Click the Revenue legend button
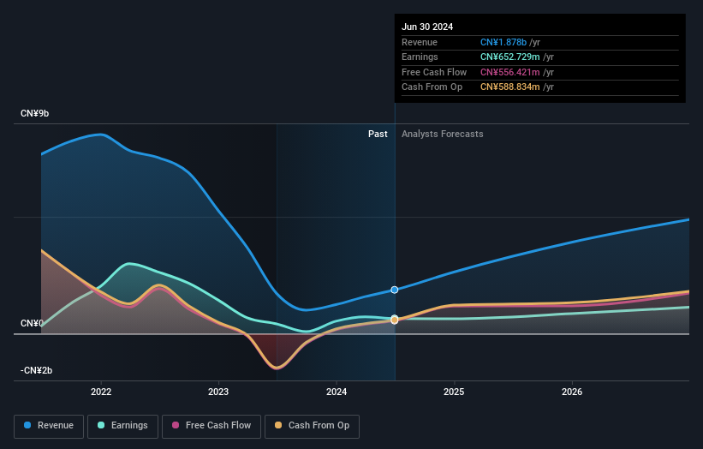click(50, 426)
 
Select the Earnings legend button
click(123, 426)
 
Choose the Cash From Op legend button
click(312, 426)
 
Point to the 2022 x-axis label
click(101, 392)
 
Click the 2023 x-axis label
click(218, 392)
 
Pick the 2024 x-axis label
click(337, 392)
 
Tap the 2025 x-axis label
click(454, 392)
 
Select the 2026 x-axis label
click(572, 392)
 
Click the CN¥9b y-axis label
click(35, 113)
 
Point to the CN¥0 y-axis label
click(32, 324)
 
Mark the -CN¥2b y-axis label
click(36, 370)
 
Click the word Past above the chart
click(378, 135)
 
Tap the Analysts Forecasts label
click(442, 135)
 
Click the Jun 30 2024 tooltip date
click(427, 27)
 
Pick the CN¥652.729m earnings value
click(510, 57)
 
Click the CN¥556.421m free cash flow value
click(510, 72)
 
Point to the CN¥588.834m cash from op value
click(510, 87)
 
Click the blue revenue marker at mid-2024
click(395, 290)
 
